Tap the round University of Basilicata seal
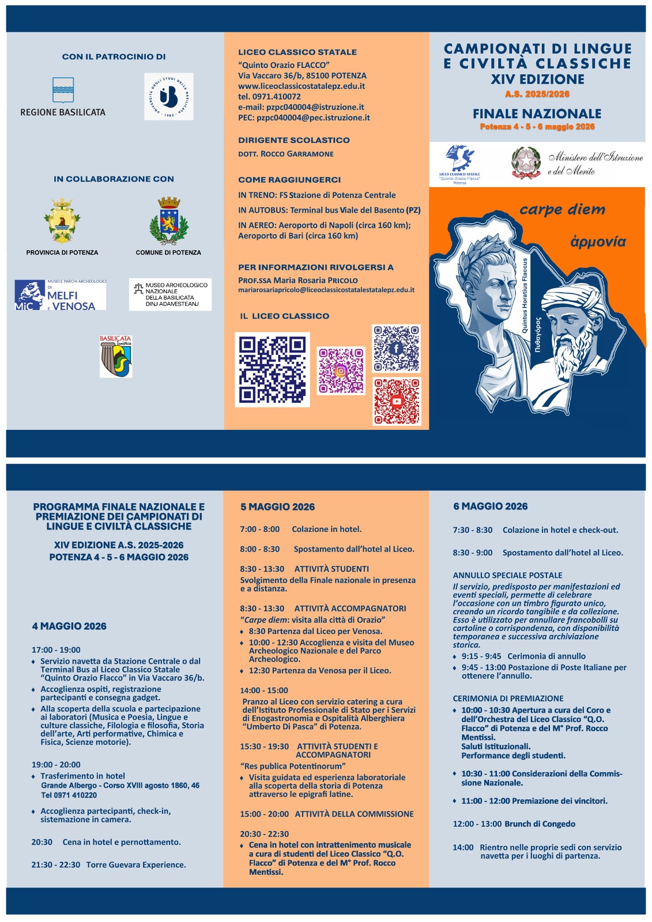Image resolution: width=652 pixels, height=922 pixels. [x=169, y=96]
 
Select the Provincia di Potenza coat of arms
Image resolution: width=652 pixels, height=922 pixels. [x=62, y=221]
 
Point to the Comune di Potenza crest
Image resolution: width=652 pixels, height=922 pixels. [x=169, y=221]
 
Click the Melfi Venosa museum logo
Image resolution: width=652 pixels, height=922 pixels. [x=61, y=295]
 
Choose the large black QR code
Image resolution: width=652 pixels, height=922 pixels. [x=273, y=369]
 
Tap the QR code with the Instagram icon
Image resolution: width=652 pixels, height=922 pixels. [x=341, y=371]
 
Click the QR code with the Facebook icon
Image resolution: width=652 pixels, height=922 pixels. [x=397, y=348]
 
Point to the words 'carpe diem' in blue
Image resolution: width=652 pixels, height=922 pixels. [x=562, y=210]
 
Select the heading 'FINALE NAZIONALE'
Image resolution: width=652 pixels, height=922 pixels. [x=537, y=114]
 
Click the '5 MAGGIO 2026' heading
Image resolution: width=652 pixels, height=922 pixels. [x=277, y=507]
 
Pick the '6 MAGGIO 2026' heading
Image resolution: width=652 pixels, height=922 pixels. [x=490, y=507]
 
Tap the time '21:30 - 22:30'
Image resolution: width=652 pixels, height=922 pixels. [x=55, y=865]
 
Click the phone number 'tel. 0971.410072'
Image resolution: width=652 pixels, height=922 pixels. [x=269, y=96]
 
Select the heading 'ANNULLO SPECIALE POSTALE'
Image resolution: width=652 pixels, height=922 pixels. [x=507, y=575]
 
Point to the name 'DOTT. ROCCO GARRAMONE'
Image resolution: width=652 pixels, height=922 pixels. [x=285, y=154]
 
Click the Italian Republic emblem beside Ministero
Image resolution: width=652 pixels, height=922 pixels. [x=525, y=163]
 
